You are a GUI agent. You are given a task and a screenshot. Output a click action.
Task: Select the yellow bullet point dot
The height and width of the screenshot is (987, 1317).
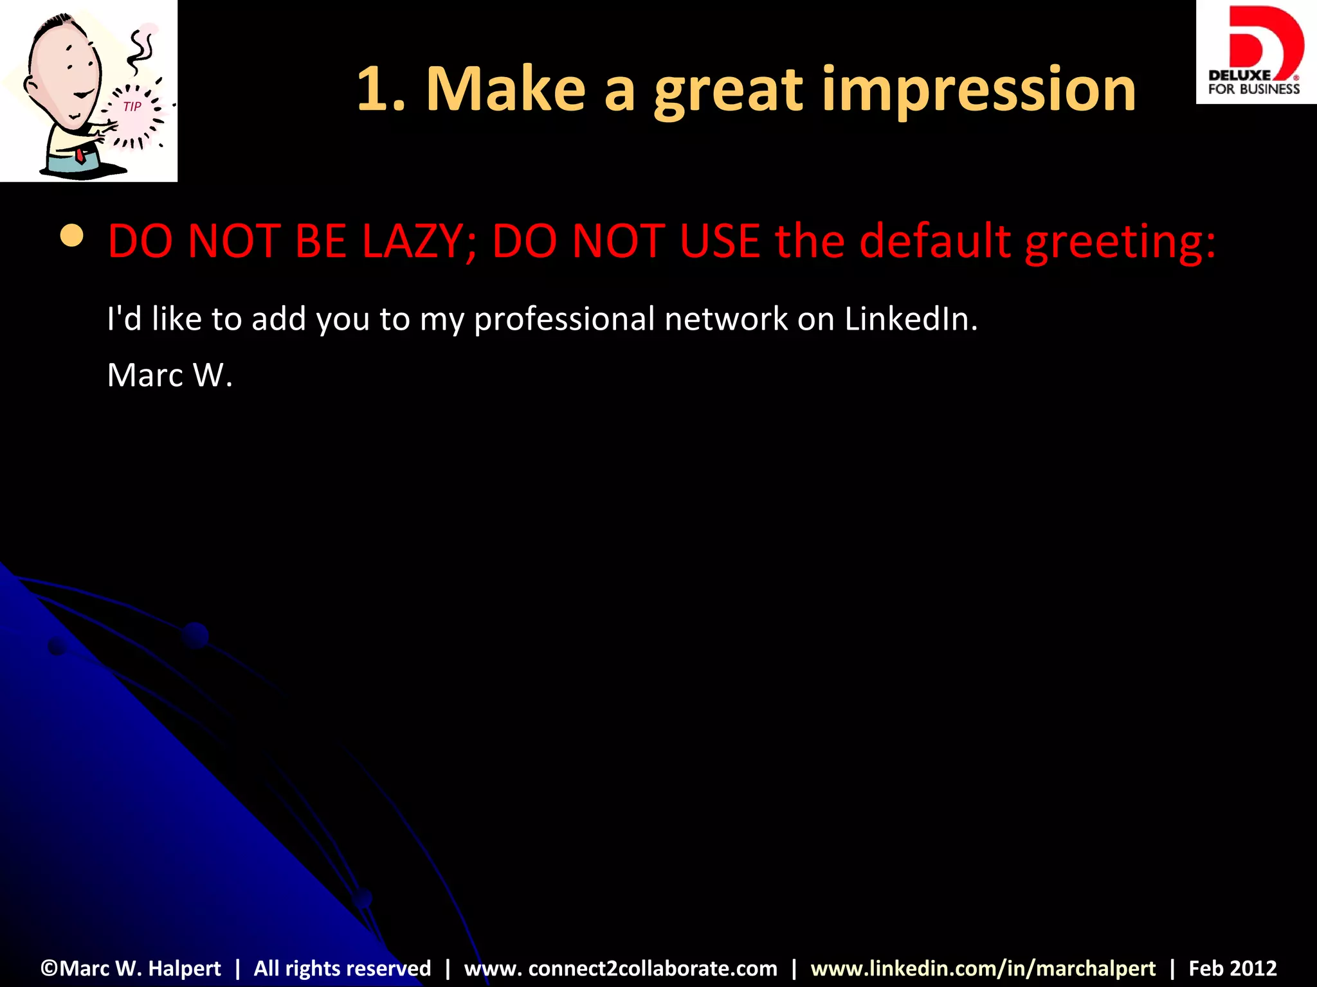click(x=71, y=236)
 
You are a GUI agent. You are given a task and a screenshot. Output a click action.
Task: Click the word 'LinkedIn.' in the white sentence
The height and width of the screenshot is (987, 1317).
click(x=911, y=319)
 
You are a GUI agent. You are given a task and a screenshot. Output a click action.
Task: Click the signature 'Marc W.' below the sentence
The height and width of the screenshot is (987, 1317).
click(x=169, y=375)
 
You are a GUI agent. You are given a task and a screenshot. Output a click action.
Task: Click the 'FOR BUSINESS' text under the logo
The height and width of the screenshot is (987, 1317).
click(x=1253, y=89)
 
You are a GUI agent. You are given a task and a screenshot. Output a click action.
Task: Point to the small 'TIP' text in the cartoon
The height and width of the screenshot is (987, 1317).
click(x=132, y=107)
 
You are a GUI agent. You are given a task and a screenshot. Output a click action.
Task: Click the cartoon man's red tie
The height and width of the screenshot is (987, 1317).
click(x=80, y=155)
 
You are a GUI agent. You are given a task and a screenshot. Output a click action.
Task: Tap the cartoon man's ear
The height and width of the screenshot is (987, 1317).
click(x=30, y=85)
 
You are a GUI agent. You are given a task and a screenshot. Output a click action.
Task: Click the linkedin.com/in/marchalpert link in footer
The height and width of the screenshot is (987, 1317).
click(x=983, y=968)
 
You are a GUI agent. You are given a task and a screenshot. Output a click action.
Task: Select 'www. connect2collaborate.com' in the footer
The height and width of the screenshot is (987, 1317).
click(x=621, y=968)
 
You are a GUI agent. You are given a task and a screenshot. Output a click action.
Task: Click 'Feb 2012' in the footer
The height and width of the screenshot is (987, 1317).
click(x=1232, y=968)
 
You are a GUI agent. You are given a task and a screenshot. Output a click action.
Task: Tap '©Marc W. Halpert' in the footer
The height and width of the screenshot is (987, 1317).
click(x=131, y=968)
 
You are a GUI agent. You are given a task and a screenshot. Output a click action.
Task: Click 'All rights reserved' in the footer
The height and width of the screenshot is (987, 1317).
click(x=342, y=968)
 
